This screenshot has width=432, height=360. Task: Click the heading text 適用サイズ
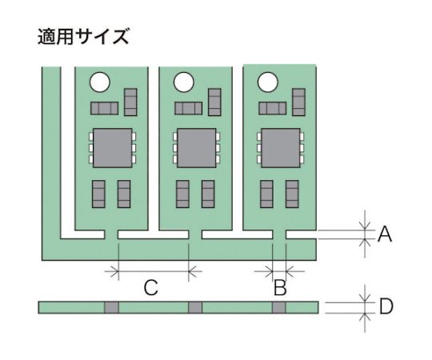pos(83,36)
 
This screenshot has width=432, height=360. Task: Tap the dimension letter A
pos(385,234)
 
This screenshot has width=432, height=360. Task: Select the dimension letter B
pos(280,287)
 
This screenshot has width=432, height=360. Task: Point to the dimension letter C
pos(150,287)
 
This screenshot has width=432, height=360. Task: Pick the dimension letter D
pos(386,307)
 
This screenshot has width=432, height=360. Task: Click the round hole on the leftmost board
pos(100,82)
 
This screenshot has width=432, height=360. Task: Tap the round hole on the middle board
pos(184,82)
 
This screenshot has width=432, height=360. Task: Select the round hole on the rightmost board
pos(267,82)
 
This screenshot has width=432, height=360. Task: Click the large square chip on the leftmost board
pos(113,148)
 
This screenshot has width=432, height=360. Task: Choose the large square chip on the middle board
pos(197,148)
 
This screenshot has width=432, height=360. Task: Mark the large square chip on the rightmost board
pos(281,148)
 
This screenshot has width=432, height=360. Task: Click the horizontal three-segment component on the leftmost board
pos(105,108)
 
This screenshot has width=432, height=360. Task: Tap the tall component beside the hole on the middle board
pos(214,102)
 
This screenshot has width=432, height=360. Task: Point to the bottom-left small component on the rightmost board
pos(266,194)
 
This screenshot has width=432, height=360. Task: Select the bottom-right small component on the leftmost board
pos(124,194)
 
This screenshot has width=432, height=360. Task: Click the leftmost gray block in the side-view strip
pos(111,307)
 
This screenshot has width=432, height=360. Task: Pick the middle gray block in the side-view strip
pos(195,307)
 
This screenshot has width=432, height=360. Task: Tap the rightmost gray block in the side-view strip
pos(279,307)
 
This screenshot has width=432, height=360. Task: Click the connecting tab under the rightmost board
pos(279,234)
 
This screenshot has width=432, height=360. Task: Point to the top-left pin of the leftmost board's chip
pos(91,136)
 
